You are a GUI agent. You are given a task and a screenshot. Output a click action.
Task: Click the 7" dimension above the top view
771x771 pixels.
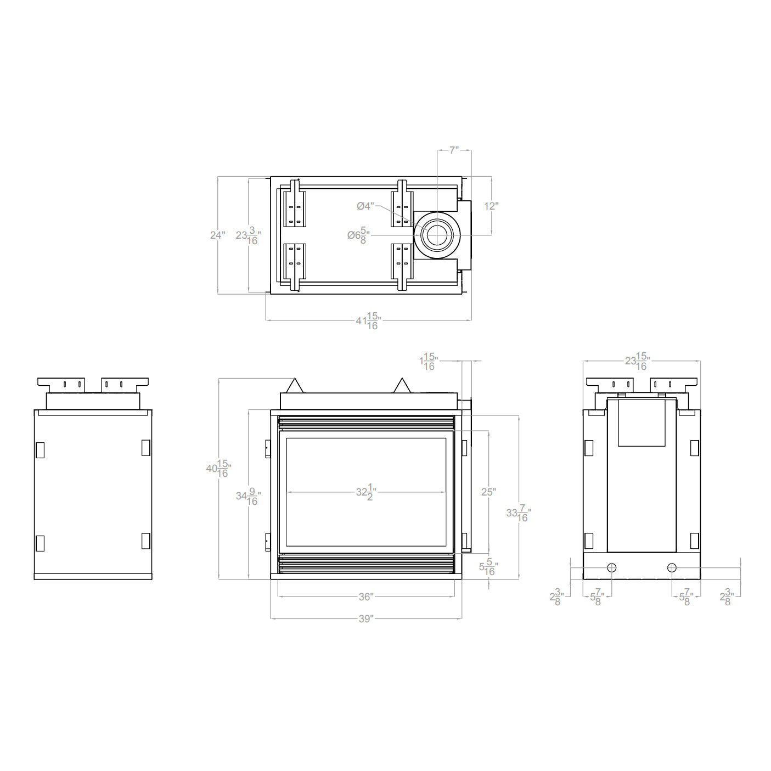[454, 150]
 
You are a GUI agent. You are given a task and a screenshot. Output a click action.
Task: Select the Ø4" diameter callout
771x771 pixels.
[365, 206]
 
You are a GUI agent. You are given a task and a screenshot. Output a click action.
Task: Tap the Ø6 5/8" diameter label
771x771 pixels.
[358, 235]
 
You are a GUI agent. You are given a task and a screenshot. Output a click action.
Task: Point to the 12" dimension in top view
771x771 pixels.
[491, 206]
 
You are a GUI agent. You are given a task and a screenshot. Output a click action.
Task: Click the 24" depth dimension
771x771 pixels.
[217, 235]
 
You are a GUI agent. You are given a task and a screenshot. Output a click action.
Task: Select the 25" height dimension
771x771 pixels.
[488, 492]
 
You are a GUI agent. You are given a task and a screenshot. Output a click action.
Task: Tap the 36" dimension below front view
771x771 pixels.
[366, 596]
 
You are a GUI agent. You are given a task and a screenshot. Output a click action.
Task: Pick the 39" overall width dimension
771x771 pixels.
[366, 618]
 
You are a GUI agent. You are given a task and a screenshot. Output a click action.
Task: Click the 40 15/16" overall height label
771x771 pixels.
[218, 469]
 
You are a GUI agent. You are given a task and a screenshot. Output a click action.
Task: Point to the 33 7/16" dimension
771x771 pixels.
[518, 513]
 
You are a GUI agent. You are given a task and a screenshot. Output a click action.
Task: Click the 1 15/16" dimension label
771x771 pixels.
[427, 361]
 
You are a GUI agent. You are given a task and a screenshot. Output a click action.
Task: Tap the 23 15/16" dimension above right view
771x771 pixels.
[637, 362]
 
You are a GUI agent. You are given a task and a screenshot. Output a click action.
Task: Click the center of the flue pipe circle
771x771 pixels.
[437, 235]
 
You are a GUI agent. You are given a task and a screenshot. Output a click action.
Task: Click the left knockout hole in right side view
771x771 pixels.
[612, 567]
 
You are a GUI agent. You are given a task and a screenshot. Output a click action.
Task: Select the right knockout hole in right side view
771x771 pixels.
[672, 567]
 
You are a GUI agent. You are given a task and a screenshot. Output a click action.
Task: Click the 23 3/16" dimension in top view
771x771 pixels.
[248, 235]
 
